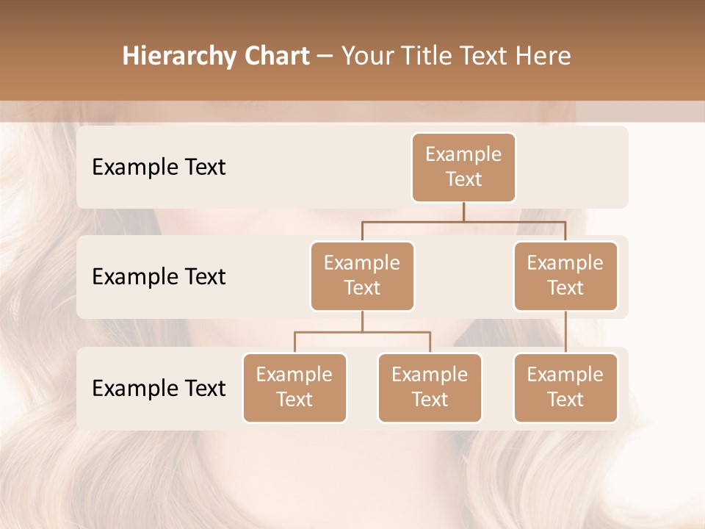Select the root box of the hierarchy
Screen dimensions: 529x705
tap(463, 167)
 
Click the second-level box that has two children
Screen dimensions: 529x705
tap(362, 276)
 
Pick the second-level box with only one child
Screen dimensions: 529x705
tap(565, 276)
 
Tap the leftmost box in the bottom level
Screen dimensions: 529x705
tap(294, 387)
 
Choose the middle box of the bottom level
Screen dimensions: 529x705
tap(430, 387)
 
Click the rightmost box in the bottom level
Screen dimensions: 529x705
tap(565, 387)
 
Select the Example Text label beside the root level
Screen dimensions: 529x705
tap(159, 168)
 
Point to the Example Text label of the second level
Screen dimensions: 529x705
tap(159, 277)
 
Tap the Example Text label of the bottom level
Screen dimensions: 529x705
tap(159, 388)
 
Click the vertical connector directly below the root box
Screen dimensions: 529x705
tap(463, 212)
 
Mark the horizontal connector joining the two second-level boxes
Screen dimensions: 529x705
tap(463, 221)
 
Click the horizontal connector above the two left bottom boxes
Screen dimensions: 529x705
tap(362, 332)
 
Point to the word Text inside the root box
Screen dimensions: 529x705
tap(463, 179)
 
